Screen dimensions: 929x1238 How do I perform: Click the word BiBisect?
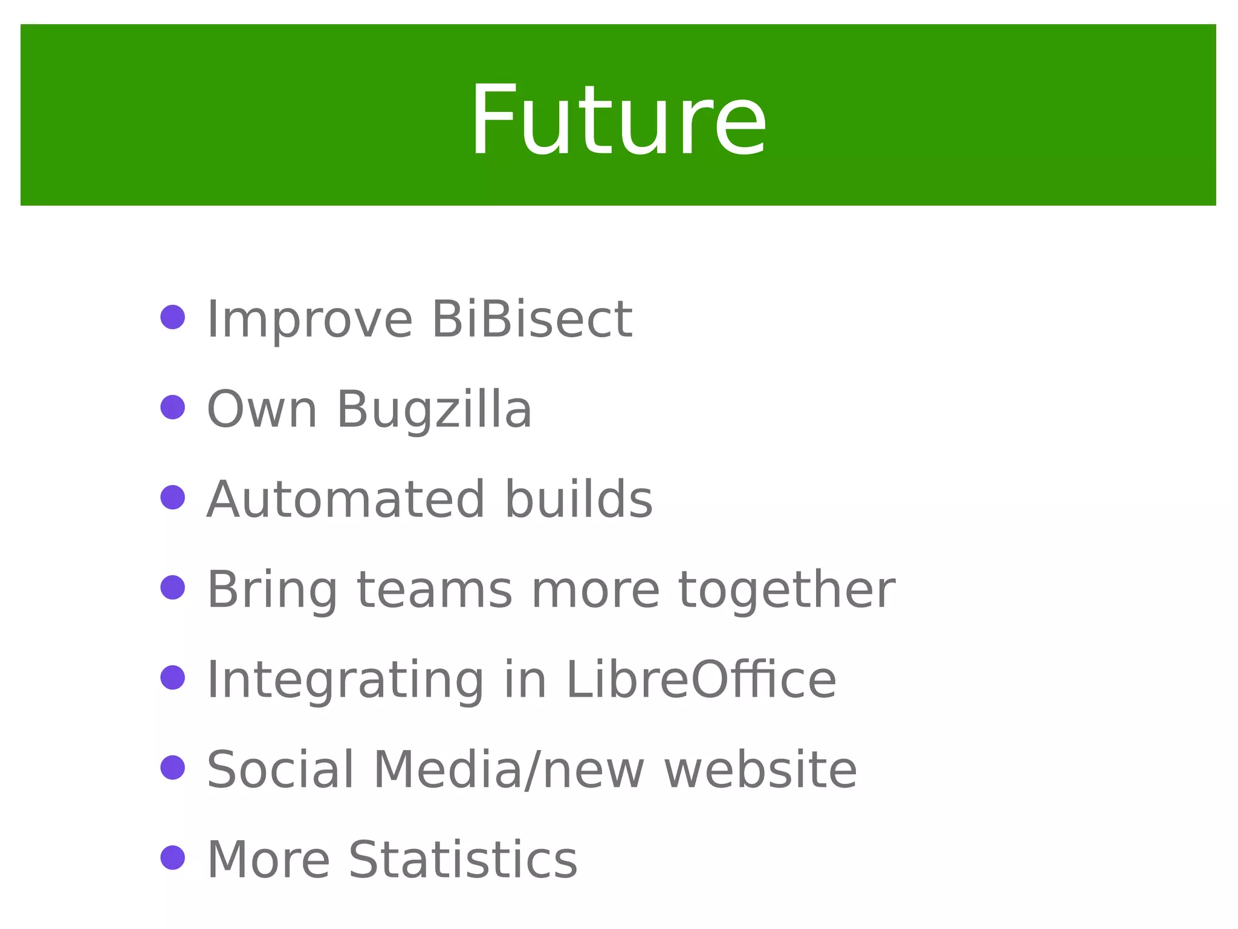tap(532, 319)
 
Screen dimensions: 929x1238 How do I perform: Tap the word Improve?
tap(309, 319)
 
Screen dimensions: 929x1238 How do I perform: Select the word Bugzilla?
tap(434, 409)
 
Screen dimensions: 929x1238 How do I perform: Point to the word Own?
tap(262, 409)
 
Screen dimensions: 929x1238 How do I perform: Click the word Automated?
tap(345, 500)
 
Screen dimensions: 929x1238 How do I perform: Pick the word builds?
tap(578, 500)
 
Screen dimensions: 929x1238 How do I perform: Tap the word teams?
tap(435, 589)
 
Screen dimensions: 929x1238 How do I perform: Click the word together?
tap(786, 589)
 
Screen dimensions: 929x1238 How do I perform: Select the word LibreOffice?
tap(701, 680)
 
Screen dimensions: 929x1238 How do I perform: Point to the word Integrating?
tap(345, 680)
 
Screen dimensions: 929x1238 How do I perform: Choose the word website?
tap(760, 769)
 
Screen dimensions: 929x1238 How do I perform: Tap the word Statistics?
tap(463, 859)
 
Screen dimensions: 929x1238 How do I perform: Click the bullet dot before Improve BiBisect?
tap(173, 317)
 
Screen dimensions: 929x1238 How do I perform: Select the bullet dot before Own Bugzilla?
tap(173, 407)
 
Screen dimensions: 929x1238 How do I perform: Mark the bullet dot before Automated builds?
tap(173, 497)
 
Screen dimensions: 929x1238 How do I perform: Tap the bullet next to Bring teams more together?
tap(173, 587)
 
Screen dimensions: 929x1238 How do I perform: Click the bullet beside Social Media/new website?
tap(173, 768)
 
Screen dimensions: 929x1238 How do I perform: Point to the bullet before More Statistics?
tap(173, 858)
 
